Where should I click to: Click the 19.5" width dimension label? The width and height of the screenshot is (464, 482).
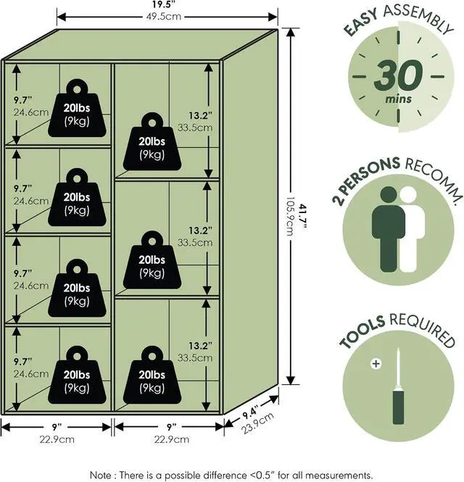coord(164,5)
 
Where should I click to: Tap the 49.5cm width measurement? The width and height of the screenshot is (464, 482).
coord(164,16)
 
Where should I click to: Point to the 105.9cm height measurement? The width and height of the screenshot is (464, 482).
coord(290,217)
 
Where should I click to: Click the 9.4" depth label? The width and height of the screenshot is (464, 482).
coord(250,411)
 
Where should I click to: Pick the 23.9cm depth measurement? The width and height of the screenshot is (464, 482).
coord(257,423)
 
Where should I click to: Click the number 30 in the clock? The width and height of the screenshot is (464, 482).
coord(399,75)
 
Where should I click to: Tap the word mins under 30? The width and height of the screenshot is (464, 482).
coord(399,99)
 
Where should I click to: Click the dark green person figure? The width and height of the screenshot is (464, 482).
coord(388,229)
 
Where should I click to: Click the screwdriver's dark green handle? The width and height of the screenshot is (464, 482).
coord(399,407)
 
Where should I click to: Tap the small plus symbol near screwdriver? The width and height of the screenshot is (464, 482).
coord(376,364)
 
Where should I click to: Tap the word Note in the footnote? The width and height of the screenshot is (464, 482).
coord(101,475)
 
